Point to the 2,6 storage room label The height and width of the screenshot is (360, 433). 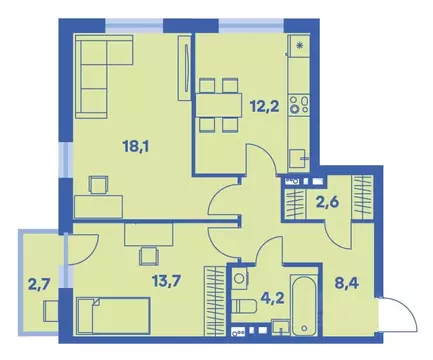pos(326,203)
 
